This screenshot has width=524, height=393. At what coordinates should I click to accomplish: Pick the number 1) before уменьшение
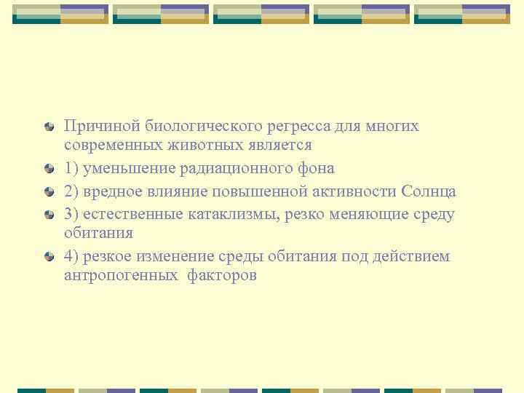click(x=71, y=169)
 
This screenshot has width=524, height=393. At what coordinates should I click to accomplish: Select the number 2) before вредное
click(x=72, y=191)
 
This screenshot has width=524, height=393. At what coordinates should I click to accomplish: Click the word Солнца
click(x=428, y=191)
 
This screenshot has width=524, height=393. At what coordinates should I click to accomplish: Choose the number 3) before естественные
click(x=72, y=214)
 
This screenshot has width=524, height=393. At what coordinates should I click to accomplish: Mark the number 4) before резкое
click(x=72, y=257)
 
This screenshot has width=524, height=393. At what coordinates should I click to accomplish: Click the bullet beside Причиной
click(x=49, y=127)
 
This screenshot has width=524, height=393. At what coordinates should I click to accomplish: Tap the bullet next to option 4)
click(x=49, y=257)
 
